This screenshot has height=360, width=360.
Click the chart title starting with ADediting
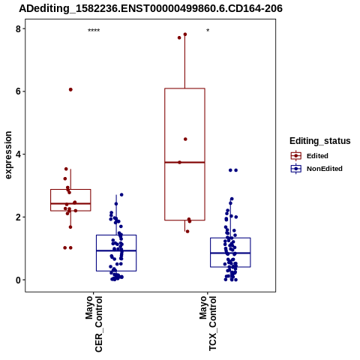(x=151, y=8)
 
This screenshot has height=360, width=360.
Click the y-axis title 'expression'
(x=8, y=155)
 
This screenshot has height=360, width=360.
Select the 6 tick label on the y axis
(x=18, y=91)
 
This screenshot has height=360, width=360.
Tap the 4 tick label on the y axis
(x=18, y=154)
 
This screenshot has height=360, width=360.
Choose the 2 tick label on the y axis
(x=18, y=217)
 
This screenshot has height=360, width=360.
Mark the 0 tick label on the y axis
(x=18, y=280)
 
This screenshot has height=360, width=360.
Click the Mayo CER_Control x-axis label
(x=94, y=324)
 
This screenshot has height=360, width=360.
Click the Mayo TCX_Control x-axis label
(x=208, y=323)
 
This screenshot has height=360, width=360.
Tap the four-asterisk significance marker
(x=94, y=31)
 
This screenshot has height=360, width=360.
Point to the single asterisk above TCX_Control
(x=208, y=31)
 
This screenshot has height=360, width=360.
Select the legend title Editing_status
(x=320, y=141)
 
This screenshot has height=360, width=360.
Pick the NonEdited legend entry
(x=316, y=169)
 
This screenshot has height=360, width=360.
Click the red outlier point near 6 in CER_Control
(x=70, y=89)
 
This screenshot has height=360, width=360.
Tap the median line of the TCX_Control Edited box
(x=184, y=162)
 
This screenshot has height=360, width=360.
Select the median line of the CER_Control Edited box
(x=70, y=203)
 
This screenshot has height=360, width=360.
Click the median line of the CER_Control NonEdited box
(x=116, y=250)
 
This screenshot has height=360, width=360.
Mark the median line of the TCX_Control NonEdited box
(x=230, y=253)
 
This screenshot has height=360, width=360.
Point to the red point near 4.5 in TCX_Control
(x=185, y=139)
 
